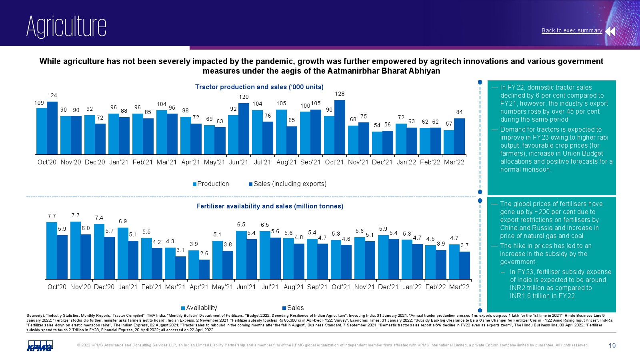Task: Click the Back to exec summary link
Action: coord(572,30)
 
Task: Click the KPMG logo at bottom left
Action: coord(40,346)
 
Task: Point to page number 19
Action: coord(612,346)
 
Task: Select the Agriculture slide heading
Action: coord(66,26)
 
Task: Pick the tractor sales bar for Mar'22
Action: coord(459,136)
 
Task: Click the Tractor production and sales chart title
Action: coord(259,87)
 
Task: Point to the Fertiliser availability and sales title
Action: coord(270,206)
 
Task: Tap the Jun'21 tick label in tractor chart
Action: coord(238,162)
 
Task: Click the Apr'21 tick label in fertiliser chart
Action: coord(199,287)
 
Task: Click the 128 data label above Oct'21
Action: coord(340,94)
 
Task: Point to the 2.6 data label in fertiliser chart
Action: coord(204,254)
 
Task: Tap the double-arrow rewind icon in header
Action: coord(610,31)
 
